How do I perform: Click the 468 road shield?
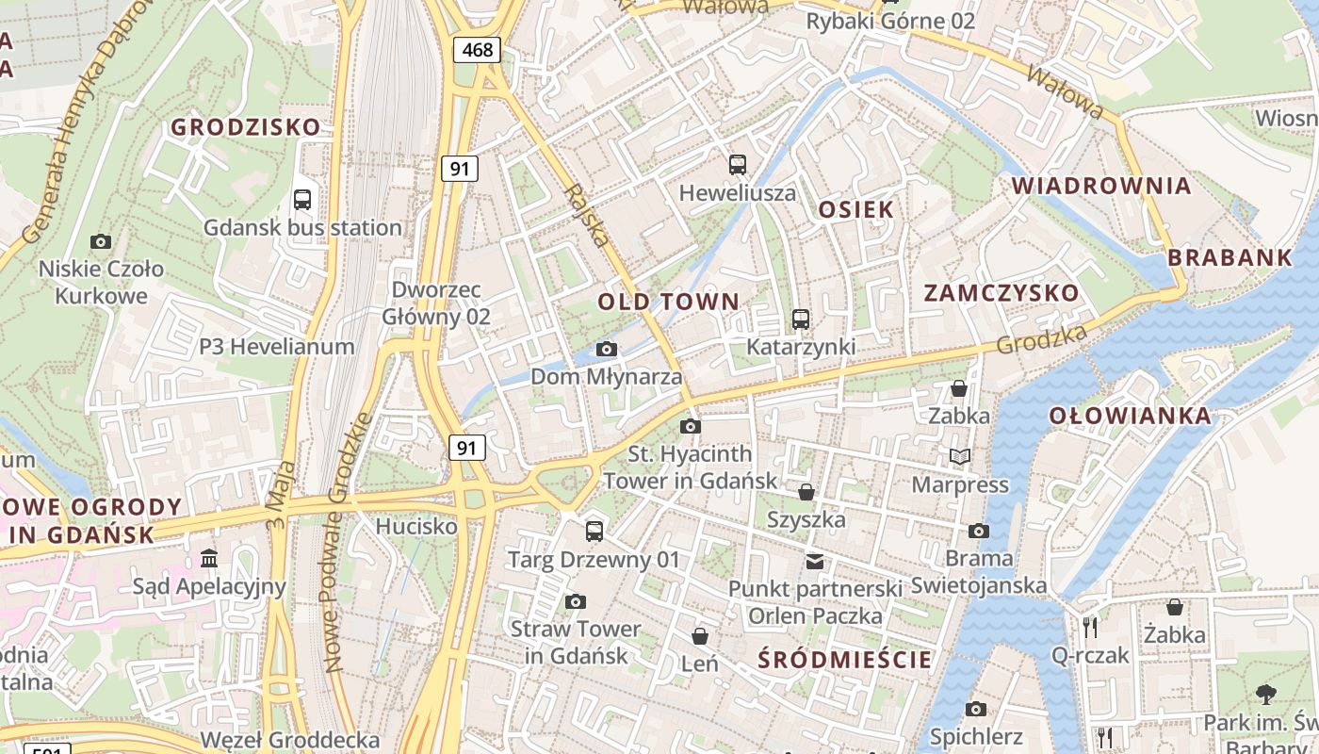[478, 49]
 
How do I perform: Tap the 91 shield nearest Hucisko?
[467, 448]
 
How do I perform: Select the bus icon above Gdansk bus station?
[302, 200]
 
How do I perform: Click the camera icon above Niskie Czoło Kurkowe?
[101, 241]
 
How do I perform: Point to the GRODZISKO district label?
[245, 127]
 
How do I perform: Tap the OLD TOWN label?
[669, 303]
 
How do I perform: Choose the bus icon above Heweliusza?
[738, 165]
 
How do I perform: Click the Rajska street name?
[585, 216]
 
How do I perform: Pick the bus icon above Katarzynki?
[801, 320]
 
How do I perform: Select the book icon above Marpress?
[960, 457]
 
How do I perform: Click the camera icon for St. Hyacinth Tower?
[691, 426]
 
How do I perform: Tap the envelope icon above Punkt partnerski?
[815, 562]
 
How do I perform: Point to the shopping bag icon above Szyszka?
[806, 492]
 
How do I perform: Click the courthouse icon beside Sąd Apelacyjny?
[209, 559]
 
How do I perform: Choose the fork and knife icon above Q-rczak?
[1090, 627]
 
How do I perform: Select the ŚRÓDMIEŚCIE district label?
[845, 660]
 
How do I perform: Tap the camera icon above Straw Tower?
[576, 601]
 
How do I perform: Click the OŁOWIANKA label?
[1130, 416]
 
